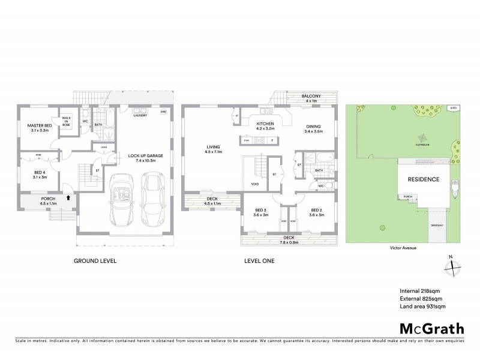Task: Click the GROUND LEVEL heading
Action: click(94, 261)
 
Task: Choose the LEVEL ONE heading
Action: click(260, 261)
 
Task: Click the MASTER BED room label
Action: click(40, 125)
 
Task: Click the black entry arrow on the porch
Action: click(68, 196)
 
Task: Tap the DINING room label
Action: click(313, 125)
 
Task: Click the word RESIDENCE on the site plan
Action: click(424, 179)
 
